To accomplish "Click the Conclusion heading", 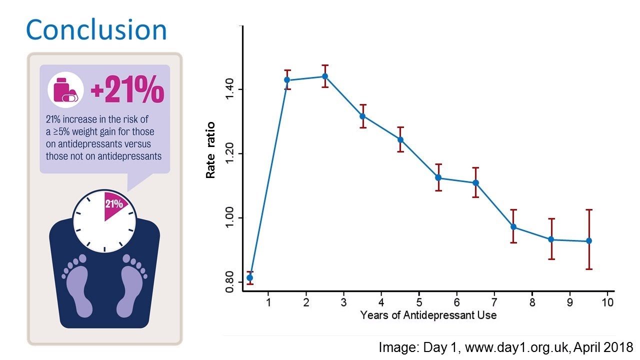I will pos(96,30).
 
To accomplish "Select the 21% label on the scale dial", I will pos(113,204).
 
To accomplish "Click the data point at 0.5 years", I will pos(250,277).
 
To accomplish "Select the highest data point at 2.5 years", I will pos(324,76).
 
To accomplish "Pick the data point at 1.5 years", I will pos(287,80).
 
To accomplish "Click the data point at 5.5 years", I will pos(438,177).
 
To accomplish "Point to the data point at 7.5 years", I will pos(513,227).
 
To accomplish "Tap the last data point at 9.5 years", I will pos(589,241).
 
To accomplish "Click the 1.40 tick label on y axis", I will pos(229,89).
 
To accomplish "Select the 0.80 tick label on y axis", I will pos(229,282).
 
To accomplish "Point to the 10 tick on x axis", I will pos(607,302).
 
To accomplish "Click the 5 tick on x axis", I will pos(419,302).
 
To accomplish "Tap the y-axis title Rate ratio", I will pos(211,150).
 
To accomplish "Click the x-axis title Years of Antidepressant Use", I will pos(428,315).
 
